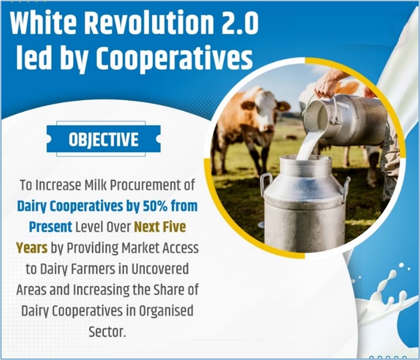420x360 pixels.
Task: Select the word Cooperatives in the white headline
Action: [174, 59]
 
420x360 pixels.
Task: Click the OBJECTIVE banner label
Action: [103, 139]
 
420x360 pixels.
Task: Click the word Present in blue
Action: [51, 227]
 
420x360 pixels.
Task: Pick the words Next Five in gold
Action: [159, 227]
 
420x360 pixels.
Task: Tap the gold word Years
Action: [32, 248]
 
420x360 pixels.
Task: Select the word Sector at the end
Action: [107, 332]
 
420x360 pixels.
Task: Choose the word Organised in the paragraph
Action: [166, 311]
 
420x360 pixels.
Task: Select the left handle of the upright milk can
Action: [265, 184]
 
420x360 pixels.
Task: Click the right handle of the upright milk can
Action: [346, 188]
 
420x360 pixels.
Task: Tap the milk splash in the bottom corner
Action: [386, 292]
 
